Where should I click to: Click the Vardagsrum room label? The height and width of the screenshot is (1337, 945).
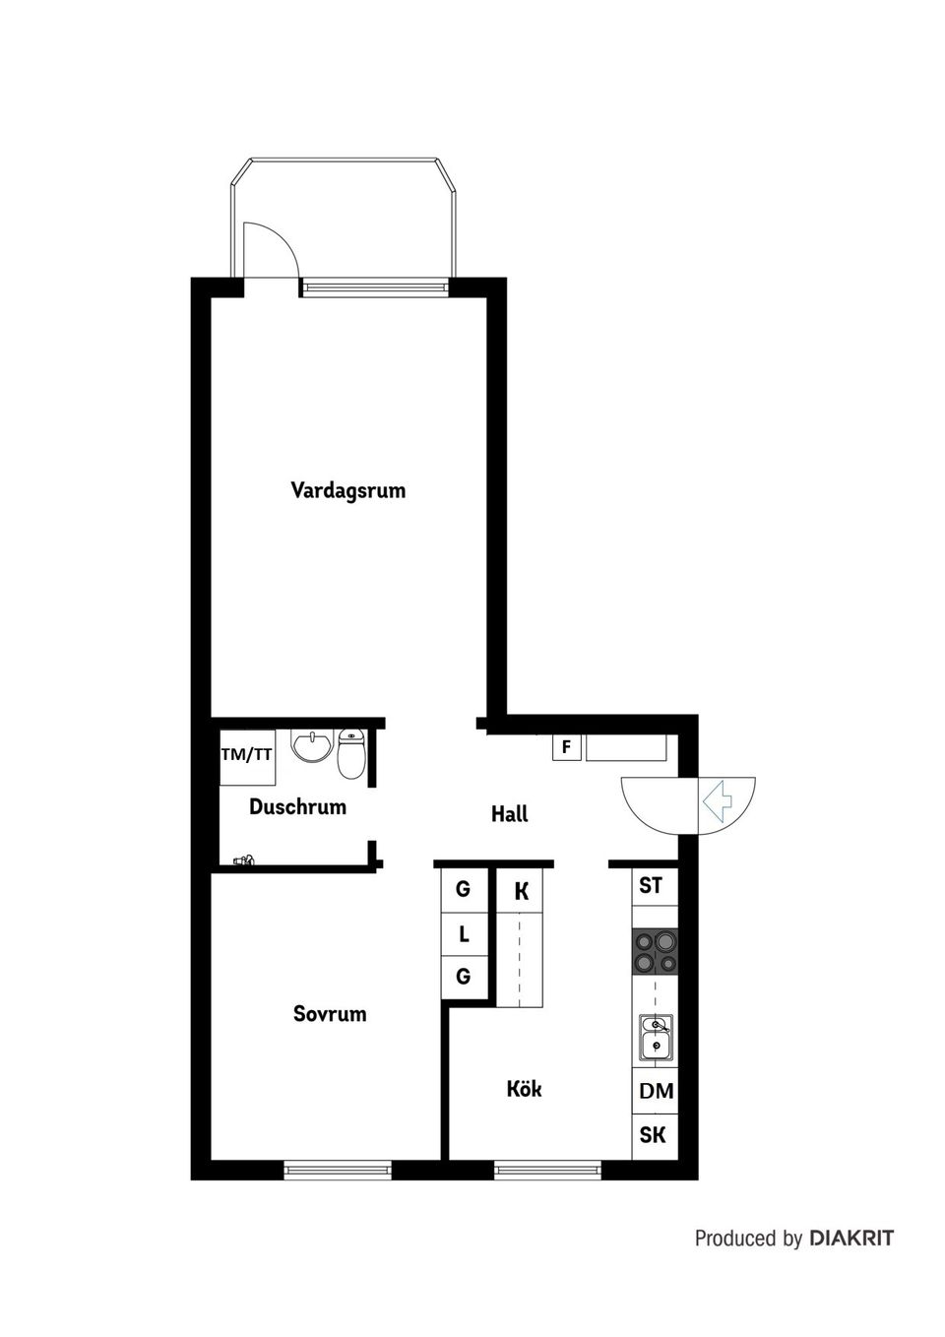click(x=347, y=490)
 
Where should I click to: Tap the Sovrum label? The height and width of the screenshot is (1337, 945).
click(x=330, y=1013)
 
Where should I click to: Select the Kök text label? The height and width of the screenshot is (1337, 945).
click(x=524, y=1089)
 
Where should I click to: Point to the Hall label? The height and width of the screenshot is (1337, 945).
click(x=509, y=814)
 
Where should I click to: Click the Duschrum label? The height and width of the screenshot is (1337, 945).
click(x=297, y=807)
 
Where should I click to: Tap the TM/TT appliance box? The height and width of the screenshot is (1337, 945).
click(x=246, y=755)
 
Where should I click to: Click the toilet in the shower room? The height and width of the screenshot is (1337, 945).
click(x=351, y=753)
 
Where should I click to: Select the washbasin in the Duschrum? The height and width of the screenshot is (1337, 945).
click(x=312, y=746)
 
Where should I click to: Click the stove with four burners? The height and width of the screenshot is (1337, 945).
click(x=655, y=952)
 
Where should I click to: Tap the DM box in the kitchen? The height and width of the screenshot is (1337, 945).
click(x=656, y=1091)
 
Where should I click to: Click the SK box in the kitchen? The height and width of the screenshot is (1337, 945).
click(x=653, y=1135)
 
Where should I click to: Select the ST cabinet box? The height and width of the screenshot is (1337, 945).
click(x=651, y=885)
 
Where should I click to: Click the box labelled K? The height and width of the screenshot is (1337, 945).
click(x=522, y=892)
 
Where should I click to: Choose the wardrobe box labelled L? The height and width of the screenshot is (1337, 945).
click(x=464, y=934)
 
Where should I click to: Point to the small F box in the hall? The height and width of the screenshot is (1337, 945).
click(x=566, y=747)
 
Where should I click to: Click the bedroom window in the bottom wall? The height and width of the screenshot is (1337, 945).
click(x=338, y=1171)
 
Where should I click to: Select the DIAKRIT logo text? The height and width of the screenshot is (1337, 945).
click(x=851, y=1239)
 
